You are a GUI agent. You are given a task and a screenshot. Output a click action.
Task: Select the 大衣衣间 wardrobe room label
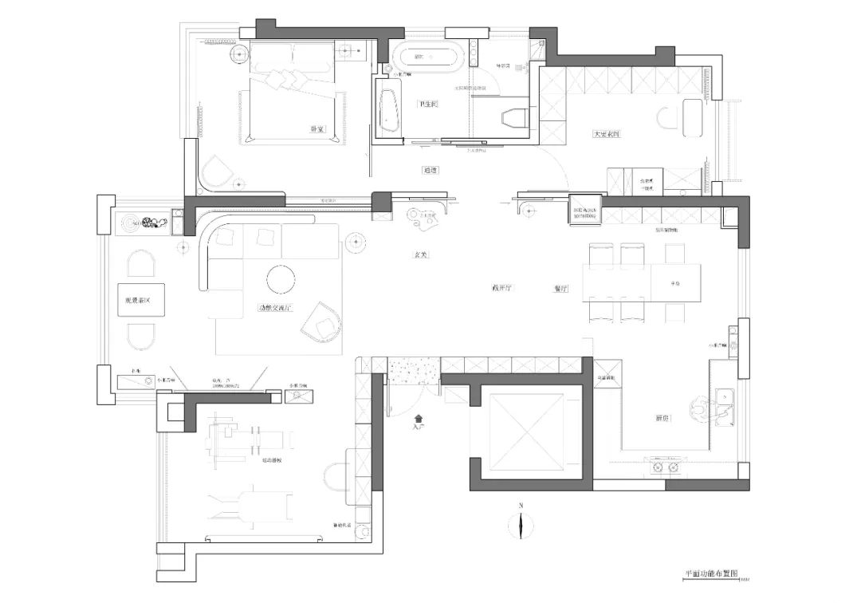607,134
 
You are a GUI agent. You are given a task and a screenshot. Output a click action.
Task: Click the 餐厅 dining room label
560,289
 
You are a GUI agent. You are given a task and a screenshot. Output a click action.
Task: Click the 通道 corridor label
431,170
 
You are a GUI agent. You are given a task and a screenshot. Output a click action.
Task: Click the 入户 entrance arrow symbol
418,417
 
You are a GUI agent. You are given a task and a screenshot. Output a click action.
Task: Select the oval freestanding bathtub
427,57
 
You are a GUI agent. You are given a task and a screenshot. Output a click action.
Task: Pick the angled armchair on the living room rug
323,321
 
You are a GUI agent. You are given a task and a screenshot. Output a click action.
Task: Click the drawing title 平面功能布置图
712,573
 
